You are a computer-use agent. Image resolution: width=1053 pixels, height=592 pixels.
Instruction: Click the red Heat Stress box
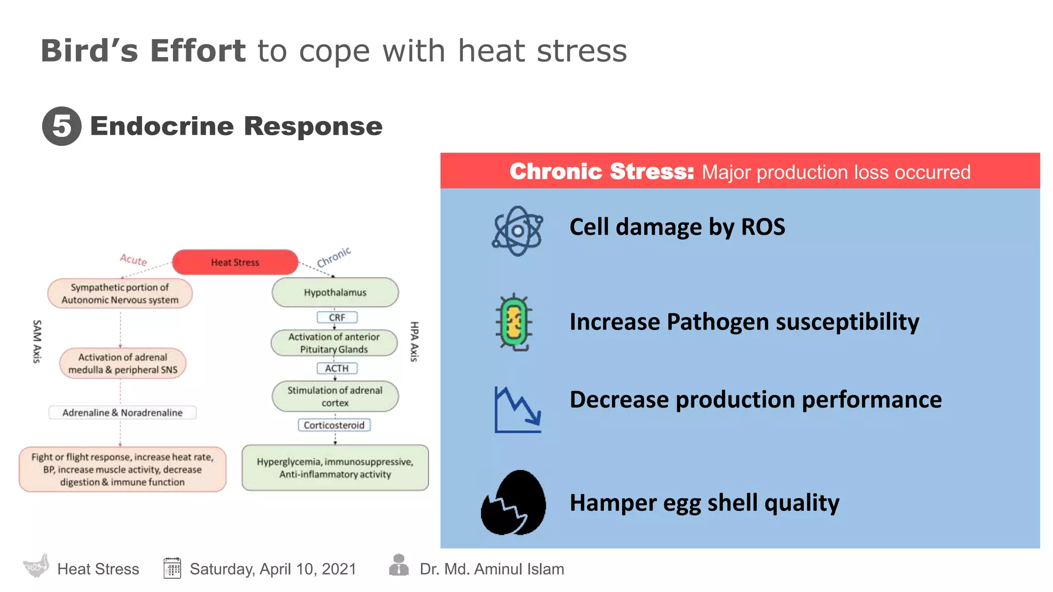(x=235, y=262)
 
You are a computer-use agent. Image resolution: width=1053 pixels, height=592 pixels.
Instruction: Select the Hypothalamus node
(x=335, y=292)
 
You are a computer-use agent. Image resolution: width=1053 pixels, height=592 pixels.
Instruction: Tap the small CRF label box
(x=337, y=318)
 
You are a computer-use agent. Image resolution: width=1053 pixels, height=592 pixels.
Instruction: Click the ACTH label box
(x=337, y=368)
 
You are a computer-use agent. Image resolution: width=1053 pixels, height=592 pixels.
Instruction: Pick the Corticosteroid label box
(x=334, y=425)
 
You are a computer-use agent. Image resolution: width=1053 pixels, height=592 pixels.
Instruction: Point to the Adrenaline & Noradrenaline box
(x=122, y=413)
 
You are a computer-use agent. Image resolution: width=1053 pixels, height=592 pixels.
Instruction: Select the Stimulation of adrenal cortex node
(x=335, y=396)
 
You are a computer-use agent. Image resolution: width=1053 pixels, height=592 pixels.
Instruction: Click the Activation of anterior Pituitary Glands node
(x=334, y=343)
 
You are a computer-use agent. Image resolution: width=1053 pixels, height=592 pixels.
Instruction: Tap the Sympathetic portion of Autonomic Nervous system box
(x=120, y=293)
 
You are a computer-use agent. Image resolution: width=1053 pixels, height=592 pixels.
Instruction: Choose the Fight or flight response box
(x=122, y=469)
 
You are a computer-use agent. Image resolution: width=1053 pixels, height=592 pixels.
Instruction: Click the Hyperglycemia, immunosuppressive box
(x=335, y=468)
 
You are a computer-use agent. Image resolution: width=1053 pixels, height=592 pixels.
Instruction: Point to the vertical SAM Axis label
(x=37, y=341)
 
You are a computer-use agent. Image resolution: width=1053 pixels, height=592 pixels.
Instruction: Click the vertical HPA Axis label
(x=414, y=341)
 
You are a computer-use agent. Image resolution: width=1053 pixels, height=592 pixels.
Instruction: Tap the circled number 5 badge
(x=62, y=126)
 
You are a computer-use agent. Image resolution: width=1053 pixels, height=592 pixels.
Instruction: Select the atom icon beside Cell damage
(x=517, y=231)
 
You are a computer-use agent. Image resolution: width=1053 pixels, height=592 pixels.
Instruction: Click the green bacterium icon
(x=514, y=322)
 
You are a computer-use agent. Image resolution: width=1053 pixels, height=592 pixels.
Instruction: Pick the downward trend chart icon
(x=517, y=410)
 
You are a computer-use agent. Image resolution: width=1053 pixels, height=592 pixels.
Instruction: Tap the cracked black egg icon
(x=513, y=503)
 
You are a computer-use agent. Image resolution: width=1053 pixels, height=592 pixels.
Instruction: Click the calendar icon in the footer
(x=172, y=568)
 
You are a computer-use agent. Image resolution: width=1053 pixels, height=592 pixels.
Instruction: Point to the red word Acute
(x=133, y=260)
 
